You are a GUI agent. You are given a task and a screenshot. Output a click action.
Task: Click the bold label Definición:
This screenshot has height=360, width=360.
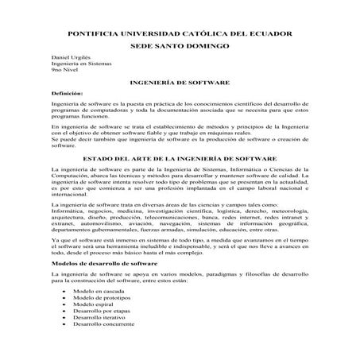pos(66,94)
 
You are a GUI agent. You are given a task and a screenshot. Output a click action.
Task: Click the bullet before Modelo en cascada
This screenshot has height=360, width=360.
pos(64,291)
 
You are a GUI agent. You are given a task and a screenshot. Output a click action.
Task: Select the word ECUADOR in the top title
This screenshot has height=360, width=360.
pos(271,34)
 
